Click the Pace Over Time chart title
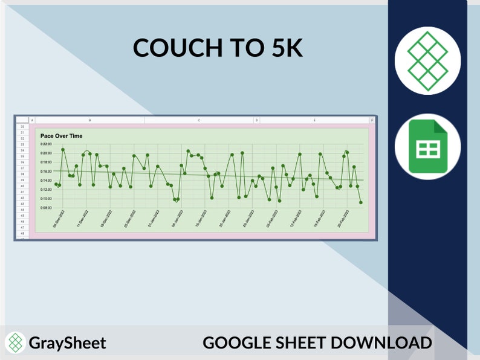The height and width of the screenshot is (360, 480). point(61,136)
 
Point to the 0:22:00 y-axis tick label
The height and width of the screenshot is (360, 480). point(46,144)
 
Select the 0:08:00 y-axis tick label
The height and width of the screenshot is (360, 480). point(46,208)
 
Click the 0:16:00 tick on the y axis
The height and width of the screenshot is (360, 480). point(46,172)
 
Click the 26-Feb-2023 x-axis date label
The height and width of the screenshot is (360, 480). point(344,219)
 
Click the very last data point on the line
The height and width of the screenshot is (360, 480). point(361,202)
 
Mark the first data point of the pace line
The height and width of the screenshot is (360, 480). point(56,184)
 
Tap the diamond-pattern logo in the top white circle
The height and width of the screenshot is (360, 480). point(427,60)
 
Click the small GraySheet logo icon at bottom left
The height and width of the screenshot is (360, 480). point(16,343)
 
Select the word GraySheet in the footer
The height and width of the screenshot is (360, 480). point(67,343)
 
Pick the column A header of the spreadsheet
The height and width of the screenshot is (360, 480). point(32,120)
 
